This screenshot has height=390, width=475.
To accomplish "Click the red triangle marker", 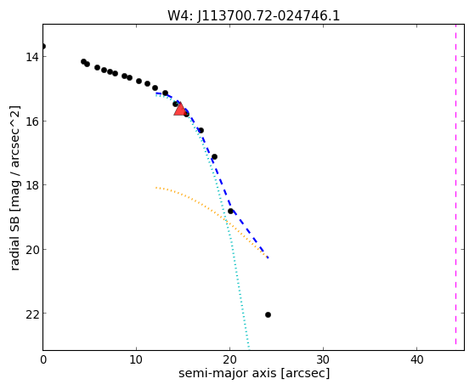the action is coord(180,110).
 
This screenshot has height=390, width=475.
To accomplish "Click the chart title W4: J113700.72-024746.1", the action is coord(253,16).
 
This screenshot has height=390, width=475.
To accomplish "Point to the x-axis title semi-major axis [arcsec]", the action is coord(254,373).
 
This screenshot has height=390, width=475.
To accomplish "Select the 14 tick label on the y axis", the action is coord(31,57).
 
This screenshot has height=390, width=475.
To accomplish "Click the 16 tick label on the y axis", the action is coord(31,122).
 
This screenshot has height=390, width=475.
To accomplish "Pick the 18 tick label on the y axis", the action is coord(31,185).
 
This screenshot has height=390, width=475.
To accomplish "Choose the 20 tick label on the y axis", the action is coord(31,250).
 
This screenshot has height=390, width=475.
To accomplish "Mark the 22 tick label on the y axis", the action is coord(31,314).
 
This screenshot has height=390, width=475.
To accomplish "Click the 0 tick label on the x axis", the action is coord(43,360).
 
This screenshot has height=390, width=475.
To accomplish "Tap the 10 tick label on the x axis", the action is coord(136,360).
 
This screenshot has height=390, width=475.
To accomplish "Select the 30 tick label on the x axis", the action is coord(323,360).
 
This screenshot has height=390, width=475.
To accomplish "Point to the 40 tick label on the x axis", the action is coord(417,360).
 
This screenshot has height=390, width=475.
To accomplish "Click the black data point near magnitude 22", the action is coord(268,315).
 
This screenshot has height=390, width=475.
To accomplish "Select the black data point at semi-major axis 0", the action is coord(43,47).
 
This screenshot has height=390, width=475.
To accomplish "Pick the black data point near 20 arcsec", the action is coord(230,212).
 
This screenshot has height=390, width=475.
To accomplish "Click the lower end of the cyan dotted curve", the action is coord(249,348).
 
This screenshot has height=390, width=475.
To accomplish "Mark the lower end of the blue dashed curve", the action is coord(269,258).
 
